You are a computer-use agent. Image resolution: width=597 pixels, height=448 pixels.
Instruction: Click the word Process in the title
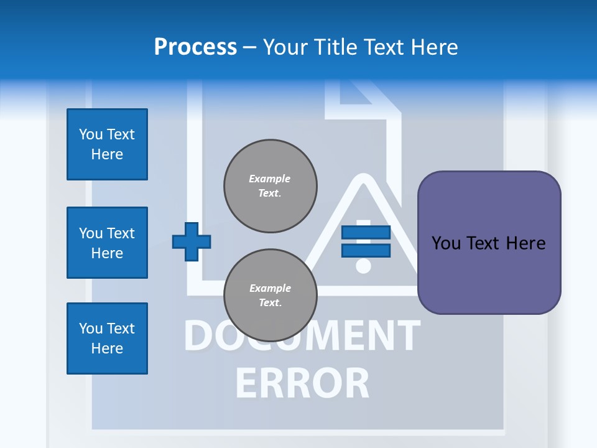pos(195,47)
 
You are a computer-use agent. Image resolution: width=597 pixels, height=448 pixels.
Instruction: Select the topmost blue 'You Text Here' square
pos(107,144)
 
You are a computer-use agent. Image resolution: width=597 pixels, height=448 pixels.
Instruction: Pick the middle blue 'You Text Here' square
pos(107,243)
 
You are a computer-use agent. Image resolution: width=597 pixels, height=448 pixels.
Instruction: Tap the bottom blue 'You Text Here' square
pos(107,338)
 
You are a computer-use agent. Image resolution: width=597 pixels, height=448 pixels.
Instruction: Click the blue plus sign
pos(191,241)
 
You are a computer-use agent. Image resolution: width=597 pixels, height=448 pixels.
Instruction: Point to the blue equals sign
pos(366,241)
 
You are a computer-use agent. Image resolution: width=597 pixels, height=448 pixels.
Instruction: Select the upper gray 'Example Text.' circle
pos(271,186)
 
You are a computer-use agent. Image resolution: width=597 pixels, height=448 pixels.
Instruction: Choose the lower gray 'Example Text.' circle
pos(271,296)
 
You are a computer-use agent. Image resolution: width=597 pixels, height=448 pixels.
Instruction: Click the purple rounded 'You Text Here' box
pos(489,243)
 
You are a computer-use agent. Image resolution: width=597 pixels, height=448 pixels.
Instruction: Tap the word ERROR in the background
pos(302,383)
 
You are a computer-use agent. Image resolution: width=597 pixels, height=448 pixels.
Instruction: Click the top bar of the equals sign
pos(366,233)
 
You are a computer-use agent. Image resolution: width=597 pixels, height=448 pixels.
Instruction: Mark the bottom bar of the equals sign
pos(366,251)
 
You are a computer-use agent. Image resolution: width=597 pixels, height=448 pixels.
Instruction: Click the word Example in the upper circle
pos(270,179)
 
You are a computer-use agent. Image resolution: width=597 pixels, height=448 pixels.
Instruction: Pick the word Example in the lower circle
pos(270,289)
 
